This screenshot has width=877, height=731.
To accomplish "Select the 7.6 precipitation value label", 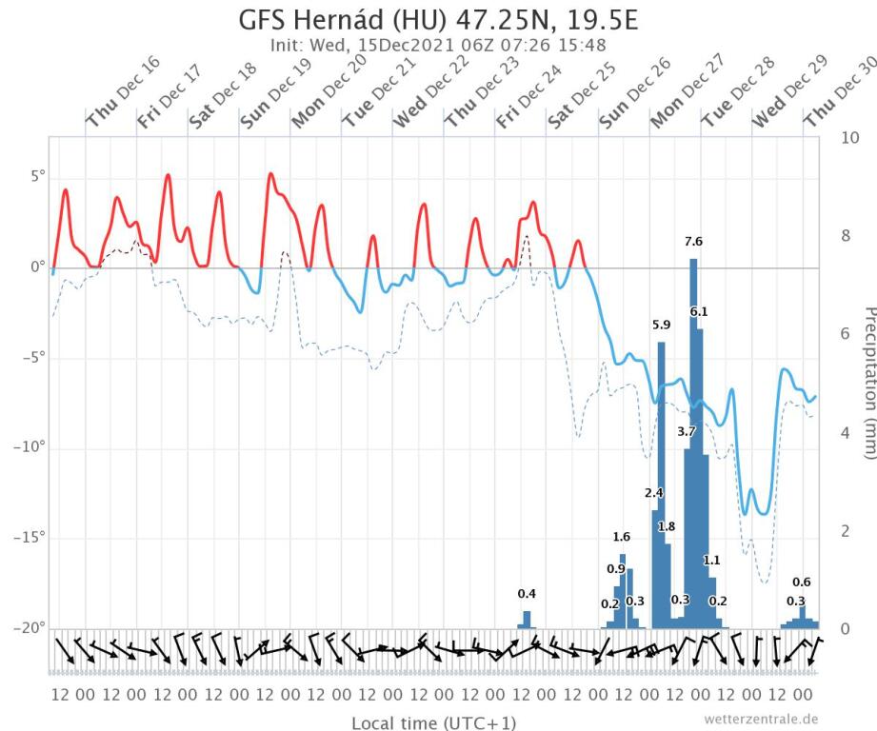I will pyautogui.click(x=693, y=243).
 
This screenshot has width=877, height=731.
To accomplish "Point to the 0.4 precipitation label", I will pyautogui.click(x=527, y=594).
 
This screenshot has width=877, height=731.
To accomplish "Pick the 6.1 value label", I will pyautogui.click(x=699, y=312).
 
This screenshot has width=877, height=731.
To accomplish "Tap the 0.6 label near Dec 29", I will pyautogui.click(x=802, y=583).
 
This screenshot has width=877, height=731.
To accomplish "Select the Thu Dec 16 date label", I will pyautogui.click(x=123, y=93).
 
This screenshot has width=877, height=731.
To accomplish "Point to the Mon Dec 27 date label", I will pyautogui.click(x=688, y=93).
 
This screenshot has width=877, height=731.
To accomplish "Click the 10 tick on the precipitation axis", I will pyautogui.click(x=852, y=137).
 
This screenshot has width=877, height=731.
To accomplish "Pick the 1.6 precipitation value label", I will pyautogui.click(x=622, y=537).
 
